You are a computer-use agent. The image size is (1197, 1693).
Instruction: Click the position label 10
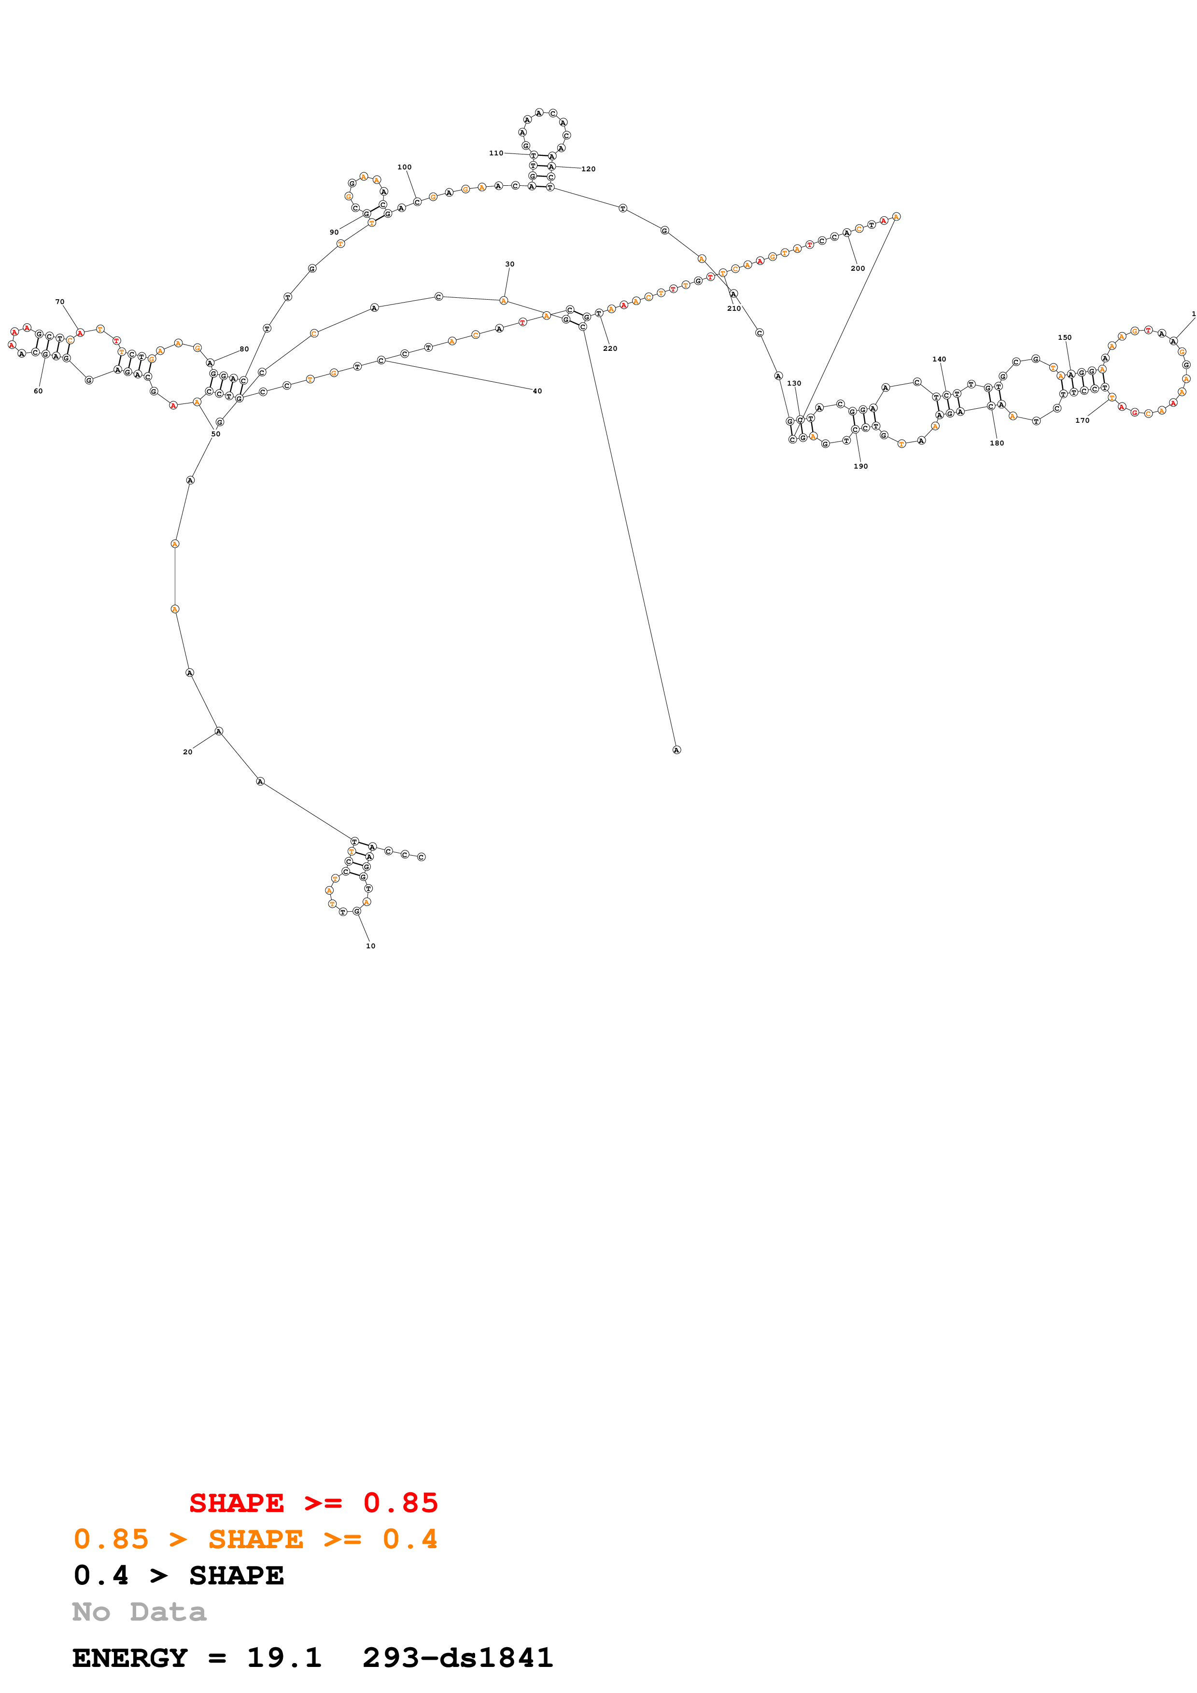point(370,946)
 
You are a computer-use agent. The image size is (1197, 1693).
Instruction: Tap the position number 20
point(187,752)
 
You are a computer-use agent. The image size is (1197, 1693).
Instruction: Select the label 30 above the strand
point(509,264)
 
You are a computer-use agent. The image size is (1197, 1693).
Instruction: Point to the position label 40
point(537,391)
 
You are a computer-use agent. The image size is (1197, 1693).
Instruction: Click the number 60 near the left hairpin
point(38,391)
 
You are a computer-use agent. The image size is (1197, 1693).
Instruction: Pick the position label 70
point(60,302)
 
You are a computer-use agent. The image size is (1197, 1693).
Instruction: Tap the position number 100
point(404,167)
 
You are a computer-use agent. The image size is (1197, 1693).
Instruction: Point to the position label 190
point(860,466)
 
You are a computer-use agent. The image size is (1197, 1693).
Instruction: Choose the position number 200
point(858,268)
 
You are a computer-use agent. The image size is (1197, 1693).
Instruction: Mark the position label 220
point(610,348)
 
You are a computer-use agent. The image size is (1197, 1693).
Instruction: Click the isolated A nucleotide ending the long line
point(676,750)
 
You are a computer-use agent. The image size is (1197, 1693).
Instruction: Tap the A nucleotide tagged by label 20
point(218,732)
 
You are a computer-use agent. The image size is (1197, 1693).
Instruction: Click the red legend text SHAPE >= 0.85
point(313,1503)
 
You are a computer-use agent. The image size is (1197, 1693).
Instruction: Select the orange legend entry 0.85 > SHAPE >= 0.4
point(255,1539)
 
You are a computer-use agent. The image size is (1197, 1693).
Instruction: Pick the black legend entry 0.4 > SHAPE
point(179,1575)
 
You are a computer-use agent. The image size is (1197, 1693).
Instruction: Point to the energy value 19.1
point(284,1658)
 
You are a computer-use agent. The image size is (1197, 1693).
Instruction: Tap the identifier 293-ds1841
point(457,1658)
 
